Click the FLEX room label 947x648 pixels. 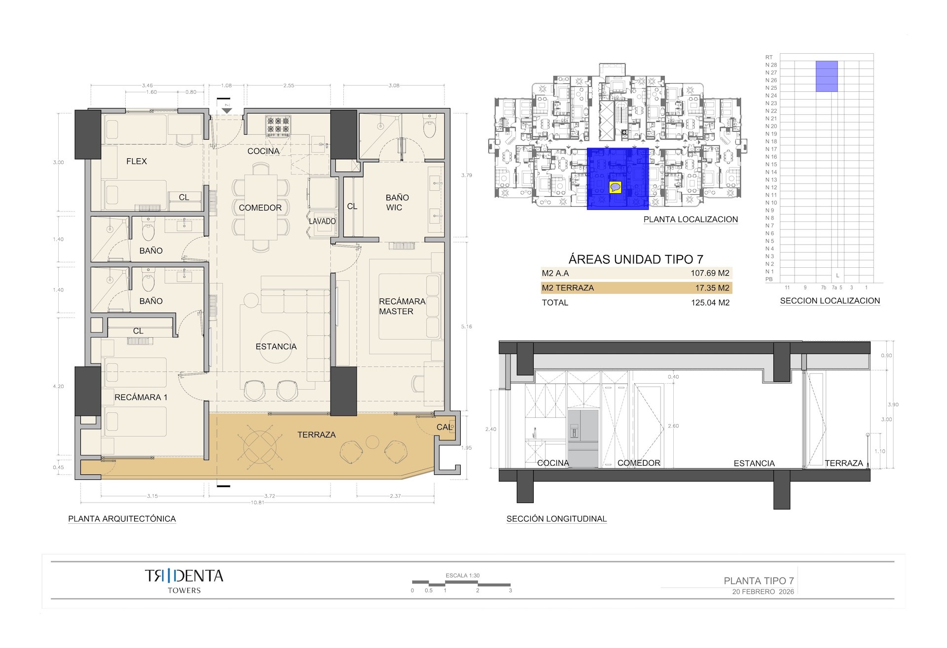coord(136,161)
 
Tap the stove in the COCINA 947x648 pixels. coord(277,126)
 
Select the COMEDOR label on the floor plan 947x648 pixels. coord(260,208)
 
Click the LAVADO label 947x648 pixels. coord(322,221)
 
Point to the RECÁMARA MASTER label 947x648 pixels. coord(401,306)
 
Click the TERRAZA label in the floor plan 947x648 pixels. coord(316,434)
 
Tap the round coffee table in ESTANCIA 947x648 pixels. coord(276,347)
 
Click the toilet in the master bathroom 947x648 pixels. coord(430,128)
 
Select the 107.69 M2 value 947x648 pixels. coord(710,273)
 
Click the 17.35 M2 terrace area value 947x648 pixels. coord(712,288)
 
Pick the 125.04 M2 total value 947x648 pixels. coord(710,303)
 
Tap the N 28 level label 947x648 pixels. coord(771,65)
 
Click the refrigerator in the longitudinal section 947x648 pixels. coord(583,437)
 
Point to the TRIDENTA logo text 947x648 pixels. coord(184,576)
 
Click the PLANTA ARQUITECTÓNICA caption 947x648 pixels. coord(122,519)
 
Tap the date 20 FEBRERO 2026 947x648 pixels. coord(763,592)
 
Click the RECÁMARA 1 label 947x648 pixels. coord(141,397)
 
